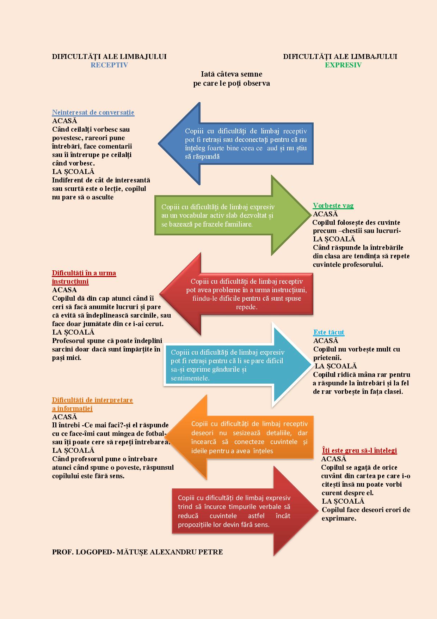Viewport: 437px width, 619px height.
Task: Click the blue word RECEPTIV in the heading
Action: pos(109,65)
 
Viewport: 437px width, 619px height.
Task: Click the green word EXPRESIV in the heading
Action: pos(343,65)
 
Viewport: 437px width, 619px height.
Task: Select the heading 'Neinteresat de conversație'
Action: pos(93,113)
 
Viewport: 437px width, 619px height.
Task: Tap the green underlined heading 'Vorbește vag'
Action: pos(333,205)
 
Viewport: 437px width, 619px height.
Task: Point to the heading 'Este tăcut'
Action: pos(328,332)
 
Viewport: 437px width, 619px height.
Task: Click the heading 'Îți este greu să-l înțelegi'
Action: pos(359,450)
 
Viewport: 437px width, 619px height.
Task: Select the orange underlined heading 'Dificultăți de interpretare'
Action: pos(92,400)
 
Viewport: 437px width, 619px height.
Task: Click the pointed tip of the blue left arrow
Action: pos(159,144)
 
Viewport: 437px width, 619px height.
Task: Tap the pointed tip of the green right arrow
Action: pos(310,215)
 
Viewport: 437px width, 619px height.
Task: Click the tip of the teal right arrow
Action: pos(312,365)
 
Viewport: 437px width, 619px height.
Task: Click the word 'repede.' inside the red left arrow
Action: pos(247,307)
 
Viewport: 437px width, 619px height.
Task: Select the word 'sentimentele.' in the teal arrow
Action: pos(190,378)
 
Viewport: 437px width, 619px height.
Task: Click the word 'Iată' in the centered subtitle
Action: pos(208,74)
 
